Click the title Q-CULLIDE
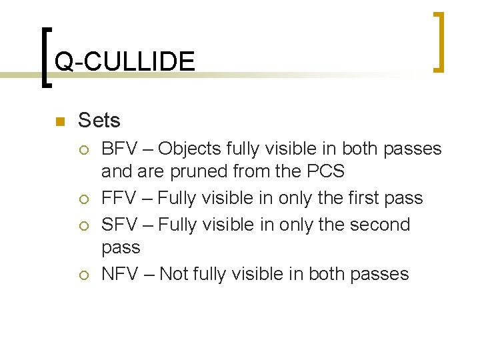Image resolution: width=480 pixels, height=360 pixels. pyautogui.click(x=125, y=62)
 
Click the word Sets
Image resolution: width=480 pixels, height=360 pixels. pyautogui.click(x=99, y=121)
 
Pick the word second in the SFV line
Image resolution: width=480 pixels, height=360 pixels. pyautogui.click(x=377, y=225)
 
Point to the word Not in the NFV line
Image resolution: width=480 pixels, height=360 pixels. pyautogui.click(x=175, y=274)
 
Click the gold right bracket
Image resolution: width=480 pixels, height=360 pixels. pyautogui.click(x=440, y=41)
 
